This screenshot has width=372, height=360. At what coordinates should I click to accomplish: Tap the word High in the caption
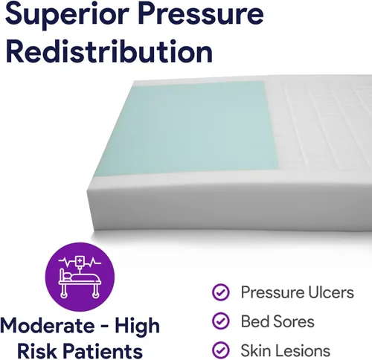point(138,326)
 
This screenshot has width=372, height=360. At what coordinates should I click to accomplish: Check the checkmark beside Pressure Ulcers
point(221,292)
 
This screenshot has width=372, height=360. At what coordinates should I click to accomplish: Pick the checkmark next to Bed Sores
point(221,321)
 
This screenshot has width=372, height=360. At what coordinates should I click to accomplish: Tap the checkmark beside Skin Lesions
point(221,350)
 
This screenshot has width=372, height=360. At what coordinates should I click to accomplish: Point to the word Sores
point(294,321)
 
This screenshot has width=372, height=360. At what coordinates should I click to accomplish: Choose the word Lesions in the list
point(304,350)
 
